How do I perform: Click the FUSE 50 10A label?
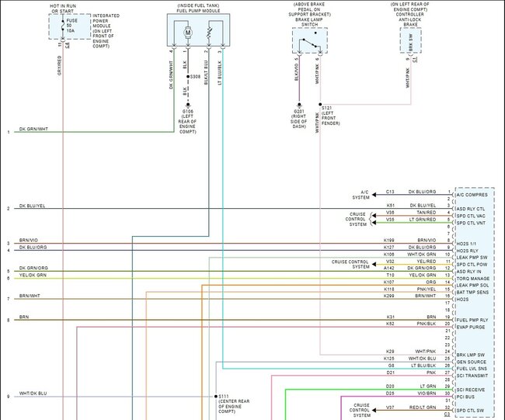(72, 25)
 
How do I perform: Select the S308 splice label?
(195, 78)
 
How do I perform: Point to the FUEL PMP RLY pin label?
(478, 320)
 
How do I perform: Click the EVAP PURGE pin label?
(476, 326)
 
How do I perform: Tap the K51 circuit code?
(391, 205)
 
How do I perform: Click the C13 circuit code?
(391, 191)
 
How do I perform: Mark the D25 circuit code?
(390, 394)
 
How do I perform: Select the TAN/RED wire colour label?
(427, 212)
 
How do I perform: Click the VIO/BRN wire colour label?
(427, 394)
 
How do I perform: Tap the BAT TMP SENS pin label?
(478, 292)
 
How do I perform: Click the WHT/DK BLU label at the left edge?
(33, 394)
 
